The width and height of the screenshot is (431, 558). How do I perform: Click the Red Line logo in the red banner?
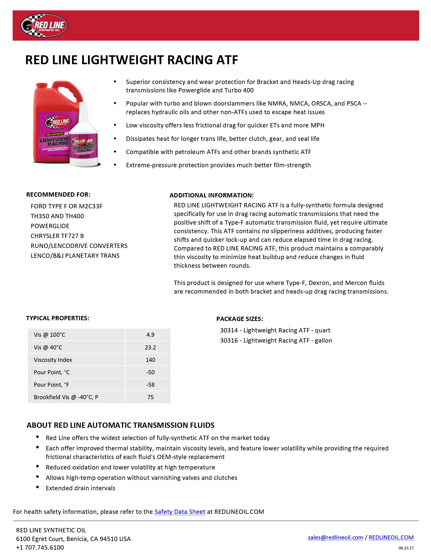[x=44, y=26]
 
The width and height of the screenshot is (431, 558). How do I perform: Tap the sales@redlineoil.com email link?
[x=335, y=537]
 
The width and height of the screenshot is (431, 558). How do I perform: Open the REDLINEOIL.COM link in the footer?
[x=391, y=537]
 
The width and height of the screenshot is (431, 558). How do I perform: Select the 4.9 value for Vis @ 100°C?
[x=150, y=335]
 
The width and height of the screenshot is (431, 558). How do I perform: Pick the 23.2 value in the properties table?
[x=150, y=347]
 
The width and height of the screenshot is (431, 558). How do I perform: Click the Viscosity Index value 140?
[x=150, y=360]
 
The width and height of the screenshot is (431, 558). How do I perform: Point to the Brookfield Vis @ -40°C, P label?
[x=66, y=397]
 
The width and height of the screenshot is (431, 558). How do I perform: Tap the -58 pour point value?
[x=150, y=384]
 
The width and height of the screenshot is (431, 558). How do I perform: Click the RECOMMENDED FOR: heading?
[x=58, y=195]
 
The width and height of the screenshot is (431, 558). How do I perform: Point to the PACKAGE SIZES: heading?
[x=240, y=319]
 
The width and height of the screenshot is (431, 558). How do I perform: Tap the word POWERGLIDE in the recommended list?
[x=50, y=226]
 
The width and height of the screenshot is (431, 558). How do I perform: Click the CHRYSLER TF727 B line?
[x=57, y=236]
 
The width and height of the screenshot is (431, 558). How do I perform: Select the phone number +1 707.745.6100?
[x=40, y=547]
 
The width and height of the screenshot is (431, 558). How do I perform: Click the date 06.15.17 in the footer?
[x=406, y=548]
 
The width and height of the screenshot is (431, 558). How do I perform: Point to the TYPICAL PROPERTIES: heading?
[x=58, y=318]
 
